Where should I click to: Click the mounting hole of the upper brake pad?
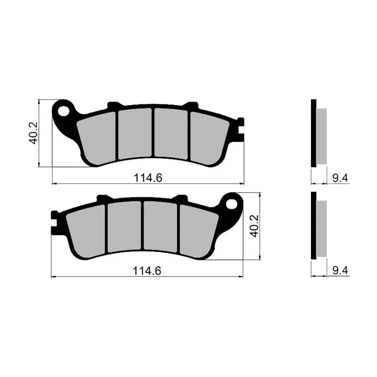(x=63, y=111)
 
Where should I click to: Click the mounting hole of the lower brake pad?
(x=232, y=204)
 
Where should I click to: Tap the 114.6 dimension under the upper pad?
(x=148, y=178)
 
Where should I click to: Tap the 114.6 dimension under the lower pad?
(x=147, y=271)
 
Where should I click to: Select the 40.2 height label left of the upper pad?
(x=33, y=133)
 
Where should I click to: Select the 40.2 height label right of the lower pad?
(x=254, y=226)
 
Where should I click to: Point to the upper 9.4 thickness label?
(x=340, y=178)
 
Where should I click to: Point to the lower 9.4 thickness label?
(x=340, y=271)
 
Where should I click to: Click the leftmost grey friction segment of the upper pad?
(x=97, y=138)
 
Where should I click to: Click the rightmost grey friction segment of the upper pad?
(x=209, y=139)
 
